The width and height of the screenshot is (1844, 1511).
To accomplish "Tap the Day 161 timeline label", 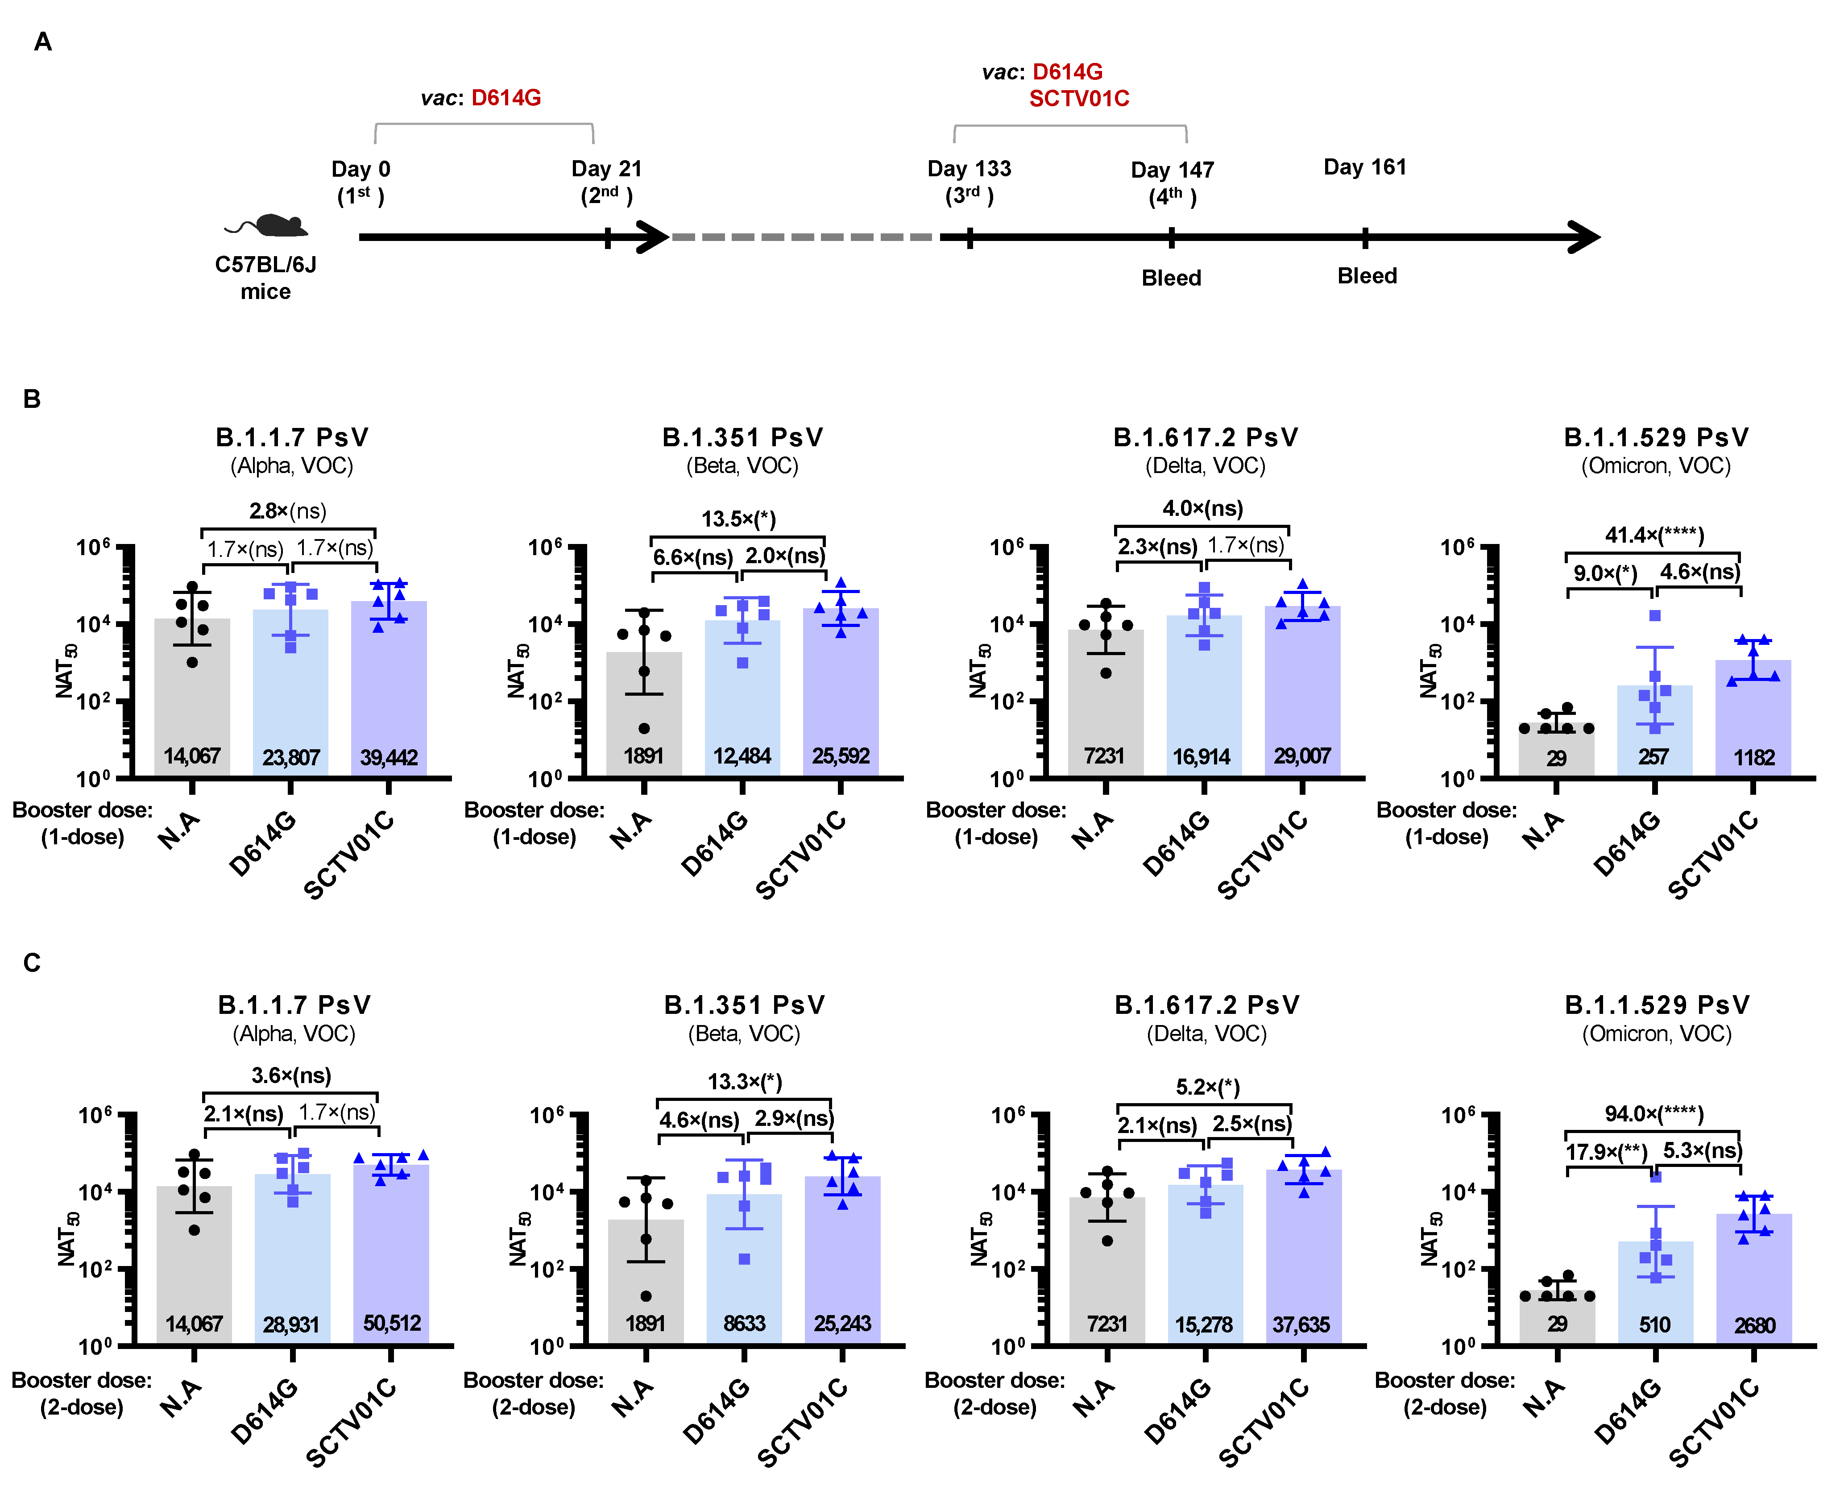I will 1364,167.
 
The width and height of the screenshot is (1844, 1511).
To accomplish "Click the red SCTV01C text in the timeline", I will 1079,98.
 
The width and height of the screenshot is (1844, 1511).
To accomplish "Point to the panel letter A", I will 43,42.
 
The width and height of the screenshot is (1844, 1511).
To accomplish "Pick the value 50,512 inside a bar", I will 392,1323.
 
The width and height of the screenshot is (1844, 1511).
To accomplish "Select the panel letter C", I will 32,963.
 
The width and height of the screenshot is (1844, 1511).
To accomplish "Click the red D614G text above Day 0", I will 506,97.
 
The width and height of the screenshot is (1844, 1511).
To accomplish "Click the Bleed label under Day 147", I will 1171,278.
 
